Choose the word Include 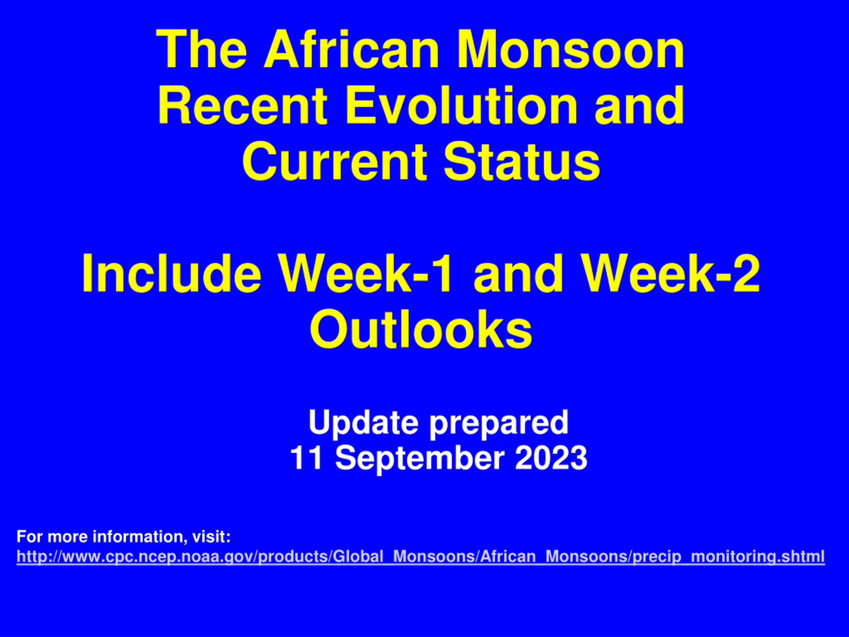tap(171, 273)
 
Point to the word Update tap(363, 422)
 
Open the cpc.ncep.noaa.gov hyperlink tap(421, 556)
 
